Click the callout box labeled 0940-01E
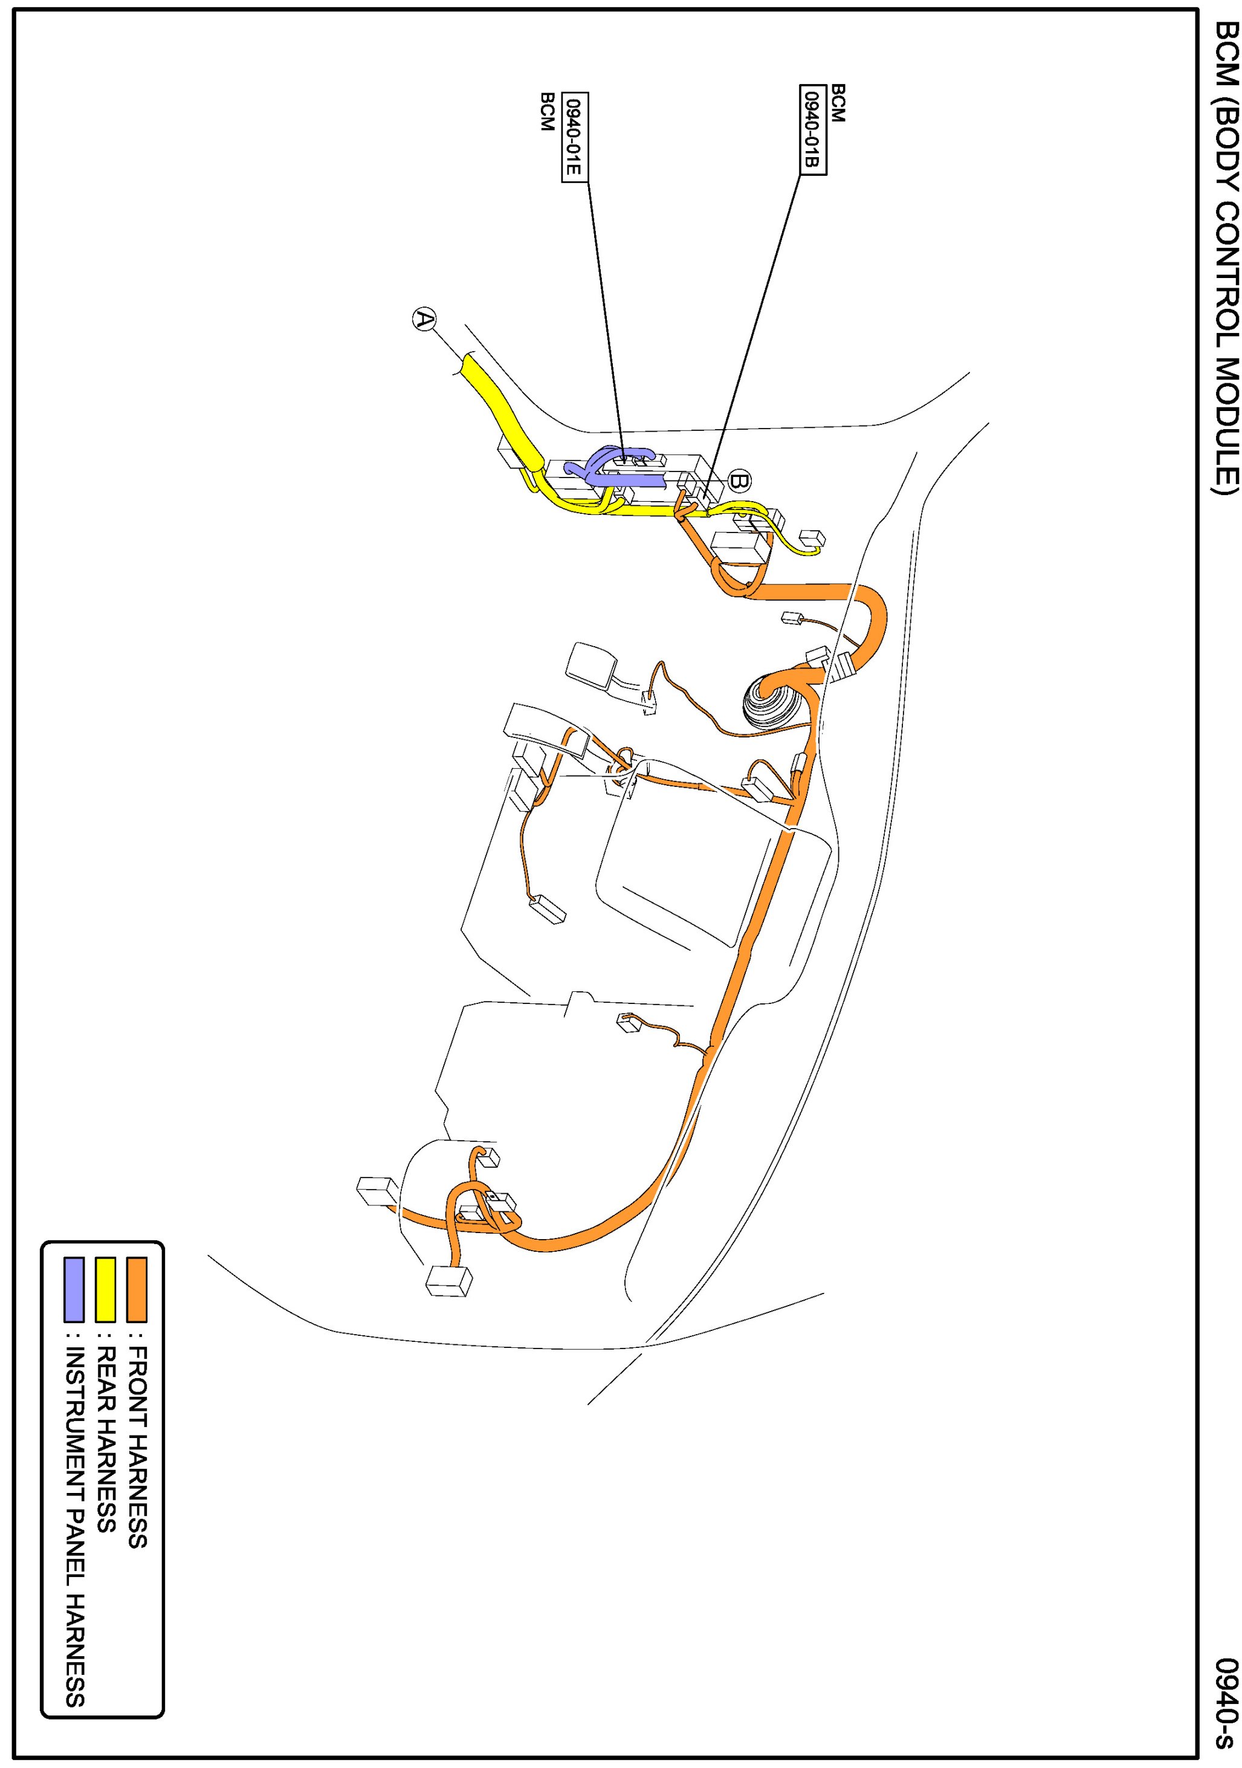pos(573,135)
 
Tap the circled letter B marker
pos(739,482)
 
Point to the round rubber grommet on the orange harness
pos(766,702)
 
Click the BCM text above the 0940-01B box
pos(838,102)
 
